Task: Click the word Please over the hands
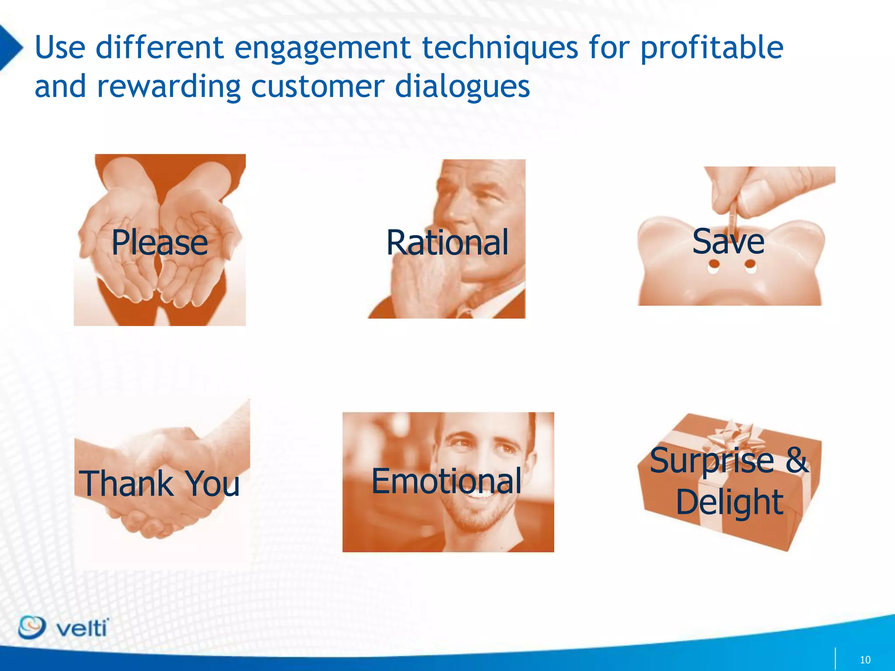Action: [160, 242]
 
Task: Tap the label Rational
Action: [447, 242]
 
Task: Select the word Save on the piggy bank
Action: [728, 241]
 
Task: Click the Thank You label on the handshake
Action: [160, 484]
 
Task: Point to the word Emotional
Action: [446, 481]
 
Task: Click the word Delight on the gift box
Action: [729, 502]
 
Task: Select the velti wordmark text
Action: [82, 629]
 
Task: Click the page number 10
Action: [865, 660]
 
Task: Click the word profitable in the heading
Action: [711, 48]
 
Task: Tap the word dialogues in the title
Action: [462, 86]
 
